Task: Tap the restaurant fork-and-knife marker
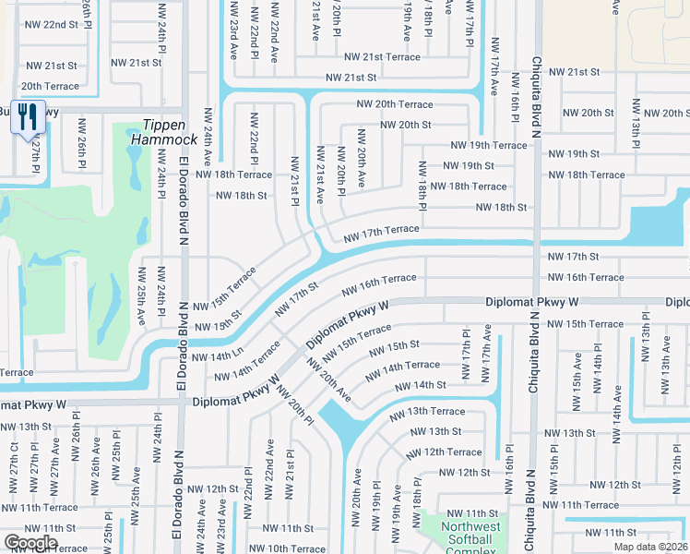tap(27, 116)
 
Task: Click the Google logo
tap(30, 543)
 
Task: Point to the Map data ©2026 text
tap(650, 547)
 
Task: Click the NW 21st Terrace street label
tap(382, 57)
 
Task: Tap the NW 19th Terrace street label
tap(488, 146)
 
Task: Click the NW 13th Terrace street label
tap(427, 412)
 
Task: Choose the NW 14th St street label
tap(421, 385)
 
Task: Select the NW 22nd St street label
tap(52, 25)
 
